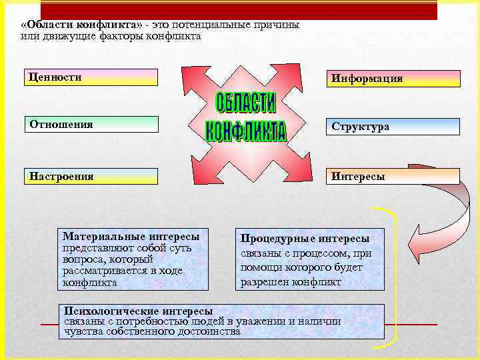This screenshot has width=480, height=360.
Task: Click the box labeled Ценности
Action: click(91, 77)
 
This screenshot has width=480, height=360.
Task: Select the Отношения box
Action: click(92, 124)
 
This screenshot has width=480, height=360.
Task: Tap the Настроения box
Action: click(92, 176)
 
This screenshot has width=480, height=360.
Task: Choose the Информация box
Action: click(393, 79)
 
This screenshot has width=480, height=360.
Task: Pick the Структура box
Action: click(393, 127)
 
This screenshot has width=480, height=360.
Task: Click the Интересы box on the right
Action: click(393, 177)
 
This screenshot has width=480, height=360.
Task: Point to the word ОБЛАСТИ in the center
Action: click(245, 103)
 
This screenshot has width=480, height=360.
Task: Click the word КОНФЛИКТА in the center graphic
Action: click(245, 131)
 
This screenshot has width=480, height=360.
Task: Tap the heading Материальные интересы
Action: click(131, 237)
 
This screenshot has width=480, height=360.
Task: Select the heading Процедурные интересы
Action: click(305, 238)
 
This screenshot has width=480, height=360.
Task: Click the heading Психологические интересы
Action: click(137, 311)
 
